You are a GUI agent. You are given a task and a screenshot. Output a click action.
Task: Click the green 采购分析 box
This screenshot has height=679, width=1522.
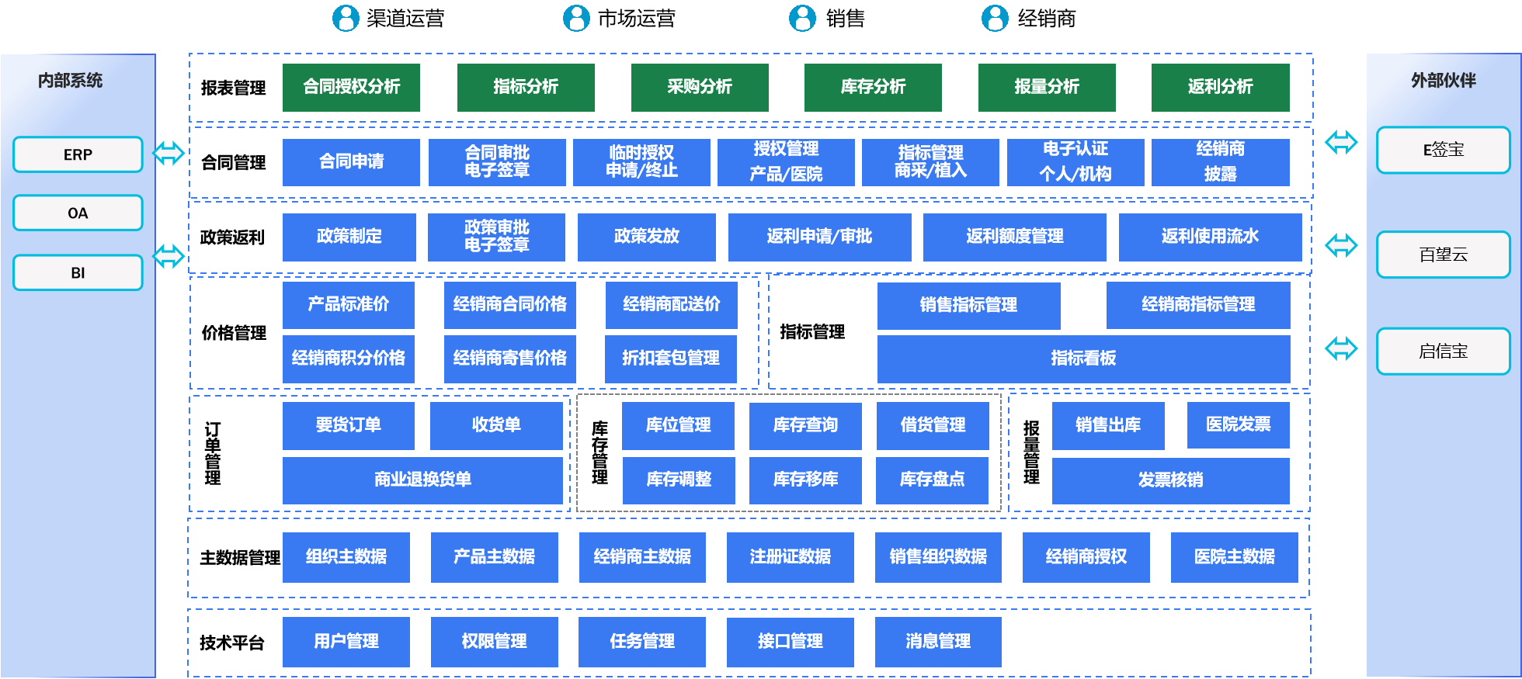tap(700, 87)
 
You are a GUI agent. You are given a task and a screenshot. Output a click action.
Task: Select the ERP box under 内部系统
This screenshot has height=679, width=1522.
tap(78, 154)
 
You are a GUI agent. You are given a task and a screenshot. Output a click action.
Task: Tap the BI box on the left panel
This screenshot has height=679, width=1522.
tap(78, 272)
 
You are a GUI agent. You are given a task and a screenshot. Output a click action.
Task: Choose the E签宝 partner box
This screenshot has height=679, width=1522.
tap(1443, 150)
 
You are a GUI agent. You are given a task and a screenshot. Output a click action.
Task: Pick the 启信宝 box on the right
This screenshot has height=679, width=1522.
tap(1443, 351)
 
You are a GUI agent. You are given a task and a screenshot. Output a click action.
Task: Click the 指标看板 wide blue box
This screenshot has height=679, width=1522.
tap(1083, 358)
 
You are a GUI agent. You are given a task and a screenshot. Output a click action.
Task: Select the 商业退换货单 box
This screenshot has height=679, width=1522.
tap(422, 480)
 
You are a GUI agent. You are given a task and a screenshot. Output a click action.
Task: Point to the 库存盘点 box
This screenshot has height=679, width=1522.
tap(932, 480)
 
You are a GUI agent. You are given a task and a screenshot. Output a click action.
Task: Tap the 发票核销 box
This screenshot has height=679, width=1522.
tap(1170, 480)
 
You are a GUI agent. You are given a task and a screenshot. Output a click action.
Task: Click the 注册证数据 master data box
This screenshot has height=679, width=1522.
tap(790, 556)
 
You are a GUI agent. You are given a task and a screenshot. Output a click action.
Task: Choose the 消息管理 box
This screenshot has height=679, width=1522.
tap(937, 641)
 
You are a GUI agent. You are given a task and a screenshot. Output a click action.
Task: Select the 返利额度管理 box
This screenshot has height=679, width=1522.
tap(1014, 237)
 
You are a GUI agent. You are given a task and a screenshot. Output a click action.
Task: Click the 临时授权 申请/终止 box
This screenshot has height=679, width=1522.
tap(641, 161)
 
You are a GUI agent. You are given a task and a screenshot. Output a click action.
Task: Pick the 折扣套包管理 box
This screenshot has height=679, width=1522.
tap(670, 358)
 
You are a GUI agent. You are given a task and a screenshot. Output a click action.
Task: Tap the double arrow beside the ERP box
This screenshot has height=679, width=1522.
tap(169, 153)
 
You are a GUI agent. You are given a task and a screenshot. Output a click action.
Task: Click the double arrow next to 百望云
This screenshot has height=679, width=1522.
tap(1341, 246)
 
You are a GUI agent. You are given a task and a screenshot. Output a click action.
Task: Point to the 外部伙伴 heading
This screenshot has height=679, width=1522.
tap(1443, 81)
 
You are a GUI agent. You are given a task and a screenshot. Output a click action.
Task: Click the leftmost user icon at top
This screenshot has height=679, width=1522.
tap(346, 18)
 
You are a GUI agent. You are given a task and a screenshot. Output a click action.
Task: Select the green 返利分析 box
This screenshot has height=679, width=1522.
tap(1220, 87)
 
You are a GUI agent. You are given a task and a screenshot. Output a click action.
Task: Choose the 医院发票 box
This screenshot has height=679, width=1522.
tap(1238, 424)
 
